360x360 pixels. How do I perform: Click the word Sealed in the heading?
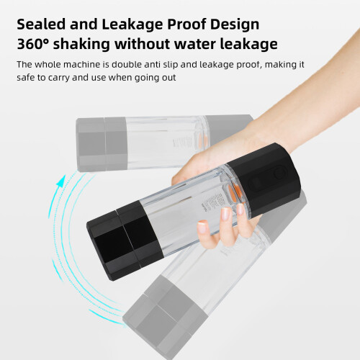click(x=41, y=24)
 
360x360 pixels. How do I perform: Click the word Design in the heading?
click(x=235, y=25)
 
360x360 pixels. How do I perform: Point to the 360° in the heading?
click(x=32, y=44)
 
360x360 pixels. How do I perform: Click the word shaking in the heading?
click(x=81, y=45)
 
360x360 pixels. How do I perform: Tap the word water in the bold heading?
click(x=194, y=45)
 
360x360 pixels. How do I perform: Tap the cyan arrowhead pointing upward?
click(x=61, y=181)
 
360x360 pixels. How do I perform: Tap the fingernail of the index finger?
click(x=225, y=214)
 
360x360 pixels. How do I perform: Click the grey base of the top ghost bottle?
click(x=102, y=144)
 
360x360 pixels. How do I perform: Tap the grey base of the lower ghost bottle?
click(x=165, y=316)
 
